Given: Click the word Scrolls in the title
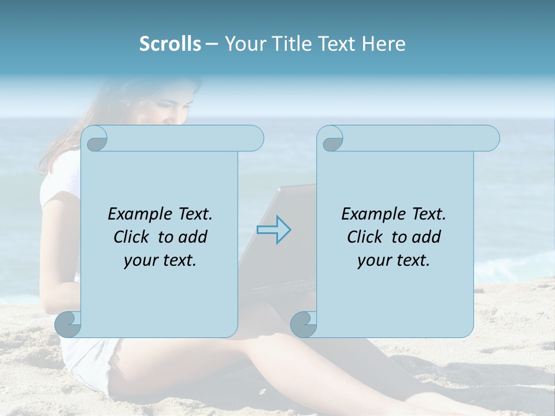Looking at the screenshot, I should point(170,44).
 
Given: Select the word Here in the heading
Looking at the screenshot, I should point(383,44).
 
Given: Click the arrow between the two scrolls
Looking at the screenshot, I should point(273,229).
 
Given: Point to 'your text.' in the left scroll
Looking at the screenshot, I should point(160,261).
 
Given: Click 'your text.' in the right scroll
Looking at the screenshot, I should point(394,261).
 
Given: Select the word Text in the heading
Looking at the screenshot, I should point(336,44).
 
